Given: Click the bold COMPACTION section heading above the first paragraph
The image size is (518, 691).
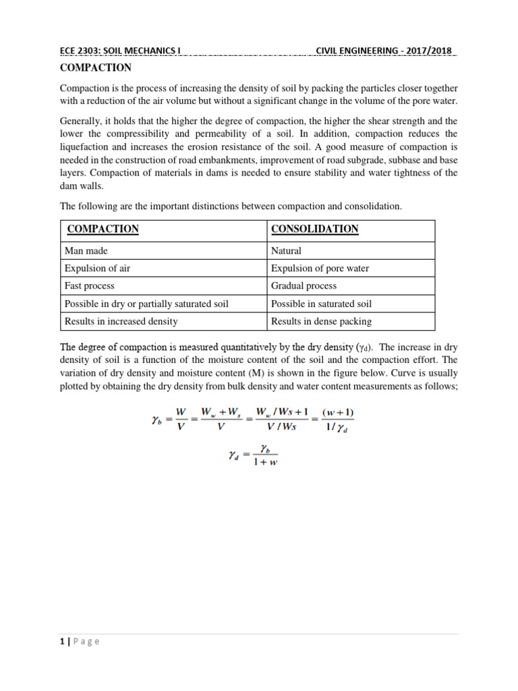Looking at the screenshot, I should [96, 68].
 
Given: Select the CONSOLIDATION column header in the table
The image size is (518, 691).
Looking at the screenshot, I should [314, 229].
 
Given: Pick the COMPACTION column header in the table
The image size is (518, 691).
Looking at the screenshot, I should [103, 229].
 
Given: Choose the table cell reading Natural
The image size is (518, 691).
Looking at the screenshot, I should [286, 250].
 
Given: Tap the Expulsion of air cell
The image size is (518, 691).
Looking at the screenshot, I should [98, 268].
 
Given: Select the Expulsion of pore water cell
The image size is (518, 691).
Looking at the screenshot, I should [320, 268].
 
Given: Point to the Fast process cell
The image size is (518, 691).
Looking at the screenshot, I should [90, 285].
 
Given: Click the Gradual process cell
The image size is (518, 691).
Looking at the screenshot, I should [304, 285].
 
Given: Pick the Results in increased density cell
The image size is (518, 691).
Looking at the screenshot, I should [121, 321].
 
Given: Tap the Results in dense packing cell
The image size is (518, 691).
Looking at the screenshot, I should [321, 321].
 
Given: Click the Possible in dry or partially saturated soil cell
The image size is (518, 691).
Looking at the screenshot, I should [146, 304].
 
